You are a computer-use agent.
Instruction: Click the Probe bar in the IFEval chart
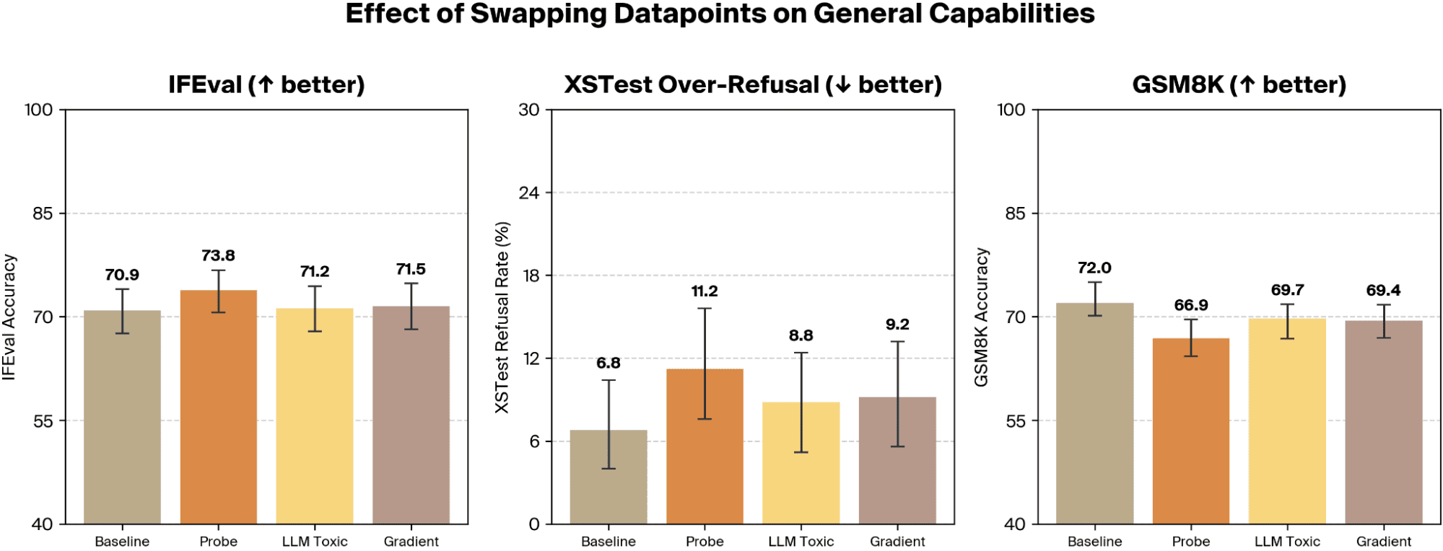218,407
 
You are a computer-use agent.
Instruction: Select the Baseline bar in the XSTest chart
609,477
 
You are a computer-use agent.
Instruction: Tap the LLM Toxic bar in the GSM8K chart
1287,421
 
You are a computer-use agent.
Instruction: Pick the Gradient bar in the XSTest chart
897,460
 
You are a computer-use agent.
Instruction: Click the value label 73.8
218,256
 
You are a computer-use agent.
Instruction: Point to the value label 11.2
705,291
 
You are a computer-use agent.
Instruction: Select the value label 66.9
1191,305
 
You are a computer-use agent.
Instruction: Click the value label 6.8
609,363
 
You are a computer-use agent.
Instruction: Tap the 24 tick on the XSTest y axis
529,193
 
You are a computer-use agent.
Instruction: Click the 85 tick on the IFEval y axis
43,213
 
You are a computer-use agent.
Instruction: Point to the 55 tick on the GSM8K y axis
1016,420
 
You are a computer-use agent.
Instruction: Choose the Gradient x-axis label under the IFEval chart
411,542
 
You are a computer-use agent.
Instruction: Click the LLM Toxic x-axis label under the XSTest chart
801,542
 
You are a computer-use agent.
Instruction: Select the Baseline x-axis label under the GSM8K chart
1094,542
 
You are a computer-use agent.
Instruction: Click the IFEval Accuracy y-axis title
9,317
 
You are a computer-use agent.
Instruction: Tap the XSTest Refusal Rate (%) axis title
502,317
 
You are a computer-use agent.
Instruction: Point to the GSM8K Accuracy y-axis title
981,317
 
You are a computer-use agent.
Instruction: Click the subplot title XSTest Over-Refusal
692,84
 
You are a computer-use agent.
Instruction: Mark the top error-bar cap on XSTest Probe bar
705,309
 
